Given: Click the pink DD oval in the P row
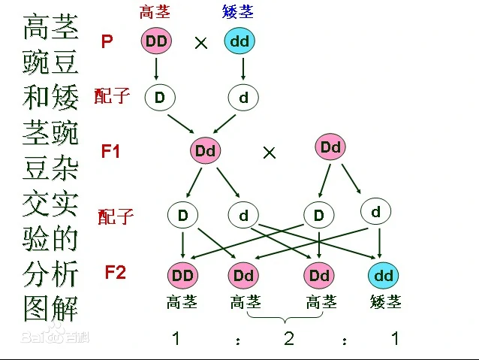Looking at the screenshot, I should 156,41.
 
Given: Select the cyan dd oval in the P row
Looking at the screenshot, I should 239,41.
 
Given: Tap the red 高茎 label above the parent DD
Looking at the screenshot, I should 155,12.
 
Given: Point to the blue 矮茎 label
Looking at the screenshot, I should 239,12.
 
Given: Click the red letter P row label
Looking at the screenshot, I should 107,41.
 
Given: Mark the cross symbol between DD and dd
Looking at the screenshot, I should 200,43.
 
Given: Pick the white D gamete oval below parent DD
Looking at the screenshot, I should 159,97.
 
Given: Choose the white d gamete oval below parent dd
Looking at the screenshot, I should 243,97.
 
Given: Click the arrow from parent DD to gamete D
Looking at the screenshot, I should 156,68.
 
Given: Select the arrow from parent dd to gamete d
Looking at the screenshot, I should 243,68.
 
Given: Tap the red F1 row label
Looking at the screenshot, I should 111,150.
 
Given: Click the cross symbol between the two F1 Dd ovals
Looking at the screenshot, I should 270,153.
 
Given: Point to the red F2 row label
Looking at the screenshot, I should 115,272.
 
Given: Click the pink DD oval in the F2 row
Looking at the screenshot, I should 182,276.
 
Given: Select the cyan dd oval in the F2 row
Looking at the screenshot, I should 384,276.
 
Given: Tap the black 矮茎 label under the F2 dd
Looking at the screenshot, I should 386,302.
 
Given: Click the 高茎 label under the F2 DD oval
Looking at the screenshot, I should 182,302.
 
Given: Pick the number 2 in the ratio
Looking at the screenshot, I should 289,338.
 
